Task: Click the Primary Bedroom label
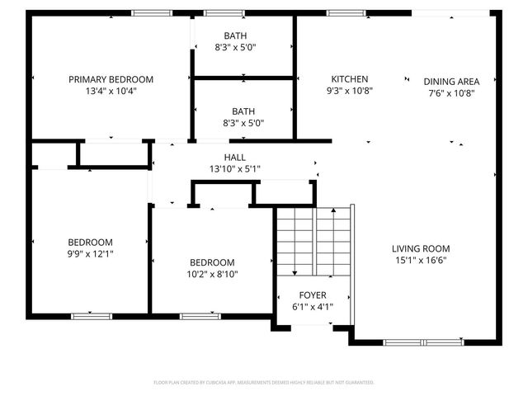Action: pyautogui.click(x=111, y=80)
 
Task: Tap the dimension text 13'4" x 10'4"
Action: pyautogui.click(x=111, y=92)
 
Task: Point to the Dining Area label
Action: pyautogui.click(x=451, y=82)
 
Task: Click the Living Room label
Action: pyautogui.click(x=420, y=248)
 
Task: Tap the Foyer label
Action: pyautogui.click(x=313, y=295)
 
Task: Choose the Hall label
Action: pyautogui.click(x=234, y=158)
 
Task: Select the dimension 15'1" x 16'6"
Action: pyautogui.click(x=420, y=260)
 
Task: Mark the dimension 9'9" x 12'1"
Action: pyautogui.click(x=90, y=254)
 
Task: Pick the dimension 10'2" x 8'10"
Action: pyautogui.click(x=213, y=274)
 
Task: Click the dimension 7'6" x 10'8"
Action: pyautogui.click(x=451, y=92)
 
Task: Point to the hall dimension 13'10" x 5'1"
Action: pyautogui.click(x=234, y=169)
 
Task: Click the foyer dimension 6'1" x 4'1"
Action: pyautogui.click(x=313, y=306)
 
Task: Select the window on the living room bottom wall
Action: pyautogui.click(x=422, y=342)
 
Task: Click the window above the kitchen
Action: pyautogui.click(x=341, y=12)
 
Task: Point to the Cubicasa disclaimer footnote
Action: pyautogui.click(x=264, y=383)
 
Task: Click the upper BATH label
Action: pyautogui.click(x=243, y=35)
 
